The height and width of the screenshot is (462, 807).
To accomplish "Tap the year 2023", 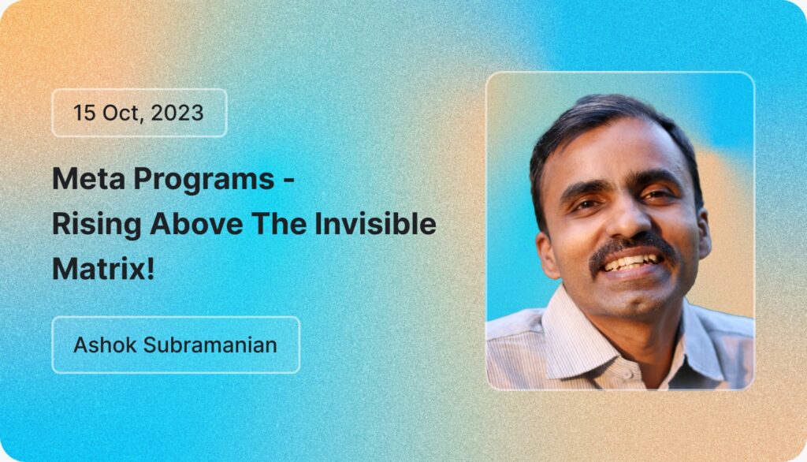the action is click(177, 113).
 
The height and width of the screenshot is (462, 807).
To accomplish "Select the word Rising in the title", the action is click(97, 225).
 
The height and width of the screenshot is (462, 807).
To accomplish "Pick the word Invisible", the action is click(375, 224).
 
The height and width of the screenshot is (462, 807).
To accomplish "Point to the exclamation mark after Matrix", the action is click(151, 269).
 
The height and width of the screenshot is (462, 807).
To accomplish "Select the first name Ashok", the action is click(105, 345).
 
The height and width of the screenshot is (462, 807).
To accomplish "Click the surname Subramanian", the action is click(210, 345).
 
